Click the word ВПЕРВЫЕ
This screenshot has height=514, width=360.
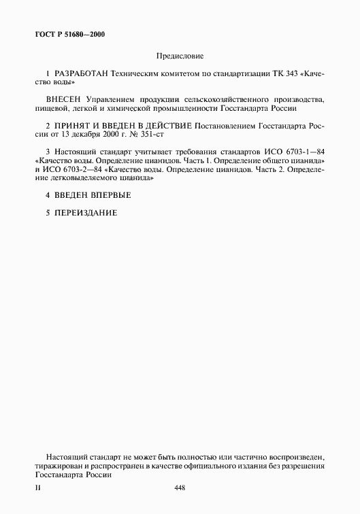pos(107,196)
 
